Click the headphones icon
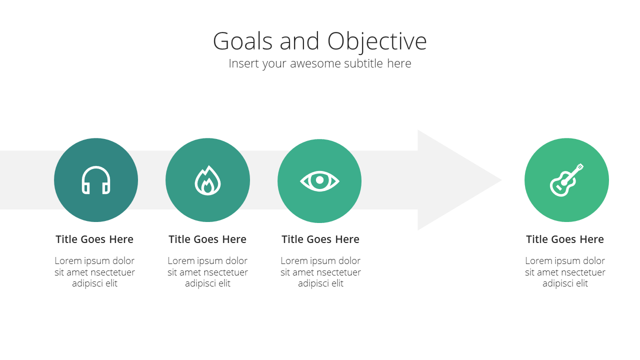tap(96, 180)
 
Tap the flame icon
tap(207, 180)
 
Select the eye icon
tap(319, 181)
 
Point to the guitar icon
tap(566, 180)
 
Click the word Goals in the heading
tap(242, 41)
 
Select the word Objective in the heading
tap(377, 42)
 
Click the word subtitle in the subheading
tap(363, 63)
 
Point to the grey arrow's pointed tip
tap(501, 180)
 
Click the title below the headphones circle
tap(94, 239)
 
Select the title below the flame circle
tap(207, 239)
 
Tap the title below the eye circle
tap(320, 239)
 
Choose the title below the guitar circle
tap(565, 239)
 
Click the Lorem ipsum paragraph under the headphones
tap(94, 272)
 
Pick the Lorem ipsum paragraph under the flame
tap(207, 272)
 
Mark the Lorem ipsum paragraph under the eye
tap(320, 272)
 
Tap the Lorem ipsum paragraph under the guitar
tap(565, 272)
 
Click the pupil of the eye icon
tap(319, 180)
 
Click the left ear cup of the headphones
tap(85, 188)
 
